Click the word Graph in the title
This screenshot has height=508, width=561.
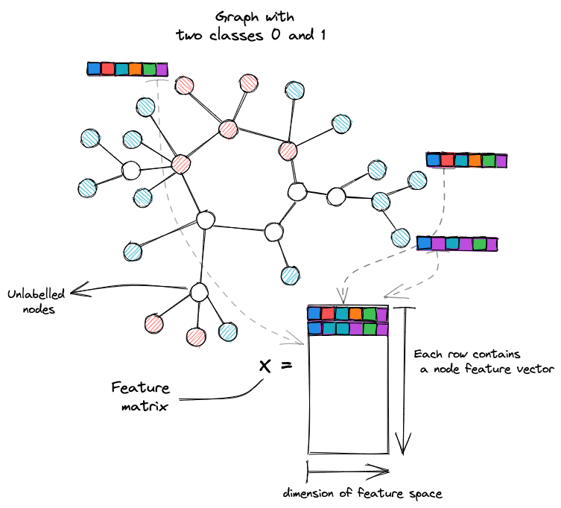236,17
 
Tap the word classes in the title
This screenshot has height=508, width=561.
236,35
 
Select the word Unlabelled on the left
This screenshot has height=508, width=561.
36,294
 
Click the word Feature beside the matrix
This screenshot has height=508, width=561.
140,388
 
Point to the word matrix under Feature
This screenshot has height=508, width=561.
145,407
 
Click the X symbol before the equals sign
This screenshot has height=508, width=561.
264,366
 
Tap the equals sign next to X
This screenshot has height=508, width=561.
286,365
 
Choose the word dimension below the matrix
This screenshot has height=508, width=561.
308,493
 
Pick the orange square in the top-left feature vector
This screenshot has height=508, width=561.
136,69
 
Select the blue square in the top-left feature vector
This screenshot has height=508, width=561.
94,69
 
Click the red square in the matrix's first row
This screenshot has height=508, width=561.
328,314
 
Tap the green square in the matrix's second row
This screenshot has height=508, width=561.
370,328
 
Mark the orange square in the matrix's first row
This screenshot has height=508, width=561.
355,314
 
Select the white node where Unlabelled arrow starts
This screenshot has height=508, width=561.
199,292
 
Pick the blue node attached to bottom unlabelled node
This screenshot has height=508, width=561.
227,331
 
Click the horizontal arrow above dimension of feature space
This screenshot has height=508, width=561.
348,472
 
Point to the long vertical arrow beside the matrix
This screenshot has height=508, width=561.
404,381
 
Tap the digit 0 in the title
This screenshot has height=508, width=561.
276,35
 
